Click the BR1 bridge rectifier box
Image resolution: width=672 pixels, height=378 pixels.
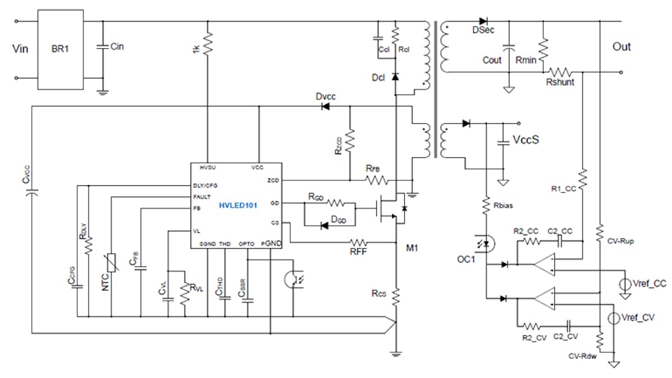click(x=60, y=49)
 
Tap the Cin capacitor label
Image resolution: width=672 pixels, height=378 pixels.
click(x=118, y=46)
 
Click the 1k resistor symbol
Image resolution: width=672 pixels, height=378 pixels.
click(x=208, y=43)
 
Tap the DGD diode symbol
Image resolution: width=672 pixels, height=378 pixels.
click(x=324, y=226)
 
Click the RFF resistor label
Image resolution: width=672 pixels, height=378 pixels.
click(x=358, y=252)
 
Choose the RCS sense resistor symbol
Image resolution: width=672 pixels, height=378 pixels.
click(x=396, y=294)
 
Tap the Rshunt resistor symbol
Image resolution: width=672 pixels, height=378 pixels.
click(x=560, y=72)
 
